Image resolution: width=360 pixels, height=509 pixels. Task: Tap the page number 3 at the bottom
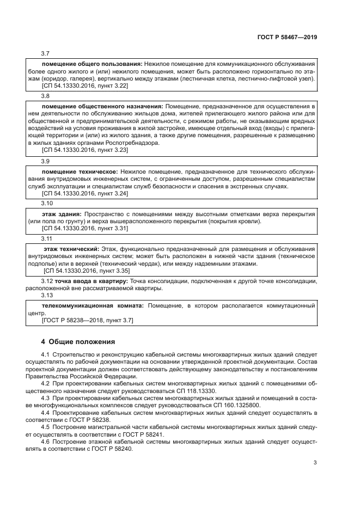[x=315, y=463]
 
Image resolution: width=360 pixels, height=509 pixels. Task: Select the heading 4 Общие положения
[x=78, y=342]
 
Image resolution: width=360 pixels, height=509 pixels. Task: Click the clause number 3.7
[x=46, y=53]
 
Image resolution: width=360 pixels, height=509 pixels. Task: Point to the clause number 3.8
[x=46, y=95]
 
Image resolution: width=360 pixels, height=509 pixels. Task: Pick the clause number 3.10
[x=47, y=203]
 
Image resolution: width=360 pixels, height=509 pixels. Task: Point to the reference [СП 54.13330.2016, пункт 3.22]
[x=84, y=86]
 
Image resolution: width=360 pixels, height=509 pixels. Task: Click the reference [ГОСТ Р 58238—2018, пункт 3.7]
[x=88, y=321]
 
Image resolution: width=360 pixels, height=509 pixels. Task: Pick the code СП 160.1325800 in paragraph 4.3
[x=233, y=405]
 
